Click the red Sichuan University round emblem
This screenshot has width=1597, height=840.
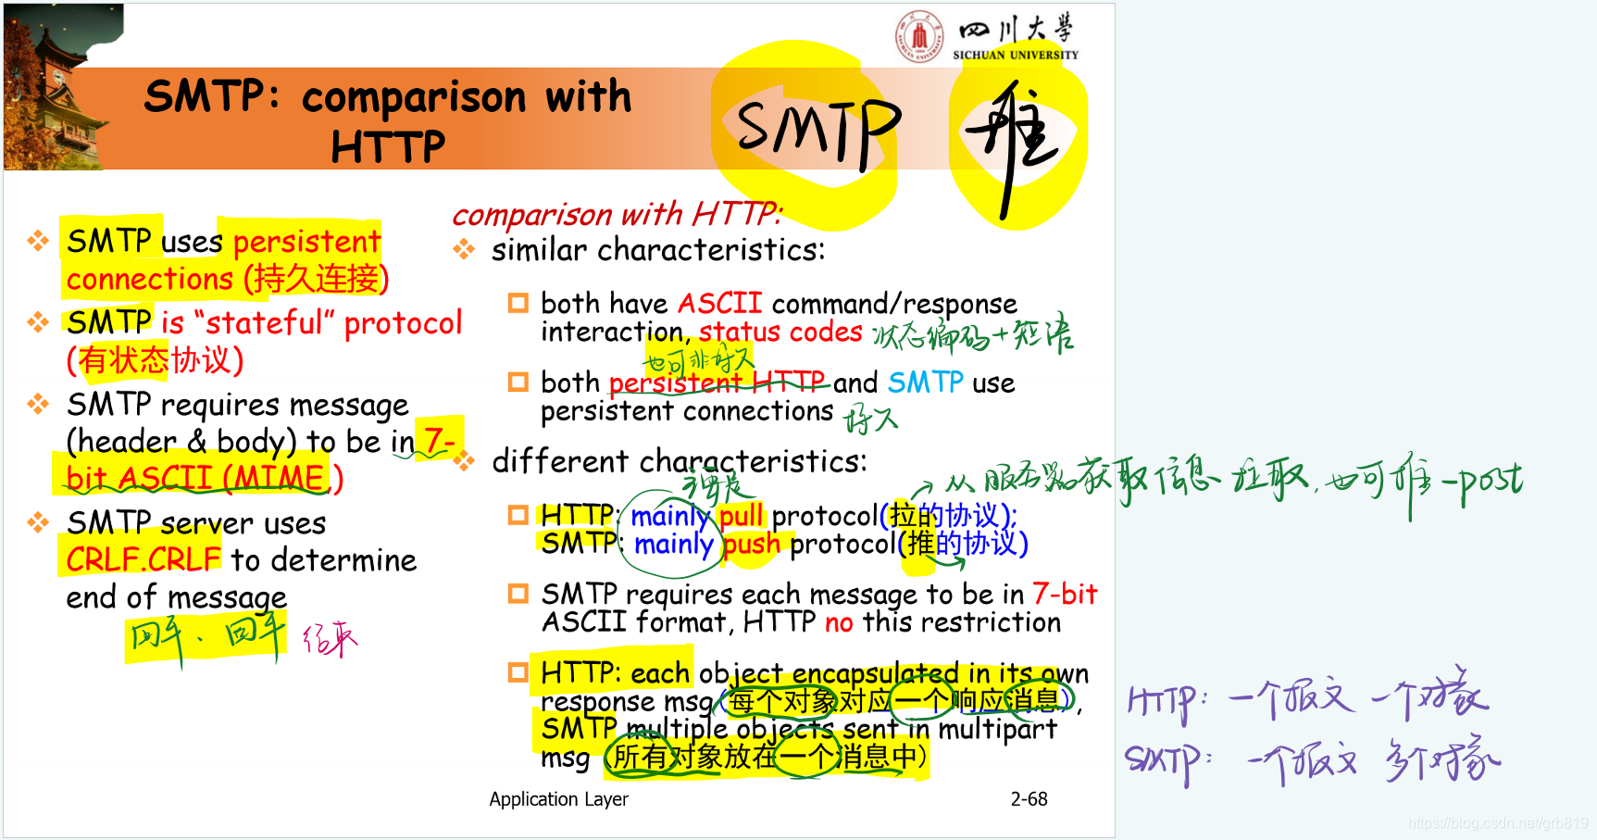tap(918, 37)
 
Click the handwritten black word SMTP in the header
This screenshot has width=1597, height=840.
tap(818, 130)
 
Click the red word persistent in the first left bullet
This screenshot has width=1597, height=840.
tap(306, 242)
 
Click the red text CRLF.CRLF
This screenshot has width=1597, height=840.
tap(143, 560)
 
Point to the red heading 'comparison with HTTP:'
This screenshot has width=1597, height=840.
tap(618, 215)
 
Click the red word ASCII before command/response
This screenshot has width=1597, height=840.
tap(719, 304)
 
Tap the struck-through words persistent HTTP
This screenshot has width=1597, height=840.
tap(717, 382)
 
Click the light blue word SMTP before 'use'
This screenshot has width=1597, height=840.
tap(925, 382)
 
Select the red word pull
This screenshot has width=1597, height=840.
tap(741, 515)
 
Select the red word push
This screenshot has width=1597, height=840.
tap(751, 544)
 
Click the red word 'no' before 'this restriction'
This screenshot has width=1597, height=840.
tap(838, 622)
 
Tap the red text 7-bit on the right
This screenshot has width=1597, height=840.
tap(1065, 594)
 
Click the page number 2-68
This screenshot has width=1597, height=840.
tap(1029, 799)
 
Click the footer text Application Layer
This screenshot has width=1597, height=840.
tap(558, 799)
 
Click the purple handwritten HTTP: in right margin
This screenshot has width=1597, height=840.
tap(1167, 701)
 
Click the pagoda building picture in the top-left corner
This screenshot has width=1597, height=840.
tap(60, 88)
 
